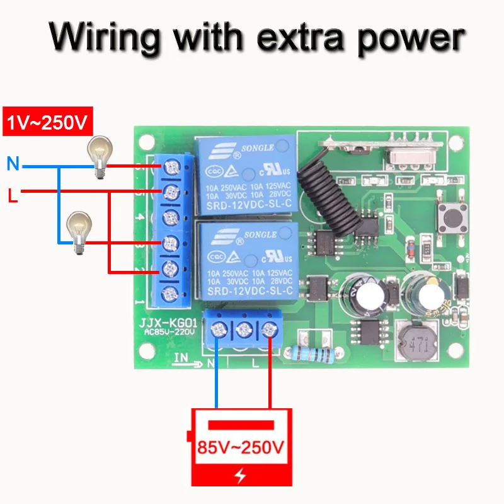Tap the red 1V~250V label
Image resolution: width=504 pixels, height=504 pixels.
(48, 122)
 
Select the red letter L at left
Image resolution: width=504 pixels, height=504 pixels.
(12, 195)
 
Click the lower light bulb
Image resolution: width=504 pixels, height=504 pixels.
(78, 232)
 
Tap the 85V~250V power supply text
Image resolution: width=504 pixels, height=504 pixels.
(241, 448)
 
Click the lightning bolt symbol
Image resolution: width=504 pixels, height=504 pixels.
(241, 476)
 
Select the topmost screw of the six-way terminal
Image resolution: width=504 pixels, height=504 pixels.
(170, 168)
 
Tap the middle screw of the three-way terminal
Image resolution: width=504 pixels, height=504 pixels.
(243, 328)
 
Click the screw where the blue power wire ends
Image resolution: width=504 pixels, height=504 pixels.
(218, 328)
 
